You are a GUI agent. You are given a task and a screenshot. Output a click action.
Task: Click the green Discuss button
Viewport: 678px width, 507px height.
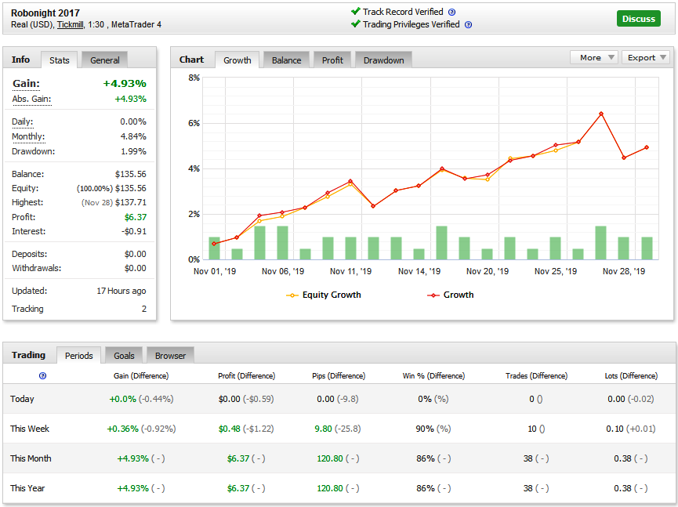(x=638, y=19)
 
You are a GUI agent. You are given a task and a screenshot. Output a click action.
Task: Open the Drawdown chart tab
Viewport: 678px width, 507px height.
(x=383, y=60)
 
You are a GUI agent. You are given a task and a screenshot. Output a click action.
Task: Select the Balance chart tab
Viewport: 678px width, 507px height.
(x=286, y=60)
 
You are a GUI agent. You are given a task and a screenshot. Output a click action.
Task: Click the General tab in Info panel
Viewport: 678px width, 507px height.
(x=105, y=60)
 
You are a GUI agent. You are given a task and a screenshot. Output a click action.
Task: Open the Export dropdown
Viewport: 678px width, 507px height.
(x=646, y=57)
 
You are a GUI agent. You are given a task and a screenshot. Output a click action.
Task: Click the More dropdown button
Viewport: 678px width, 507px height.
(x=593, y=57)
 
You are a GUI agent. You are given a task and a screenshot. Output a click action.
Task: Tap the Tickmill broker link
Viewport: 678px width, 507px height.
(x=70, y=24)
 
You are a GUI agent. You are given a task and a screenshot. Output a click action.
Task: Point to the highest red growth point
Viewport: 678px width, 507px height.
(x=601, y=114)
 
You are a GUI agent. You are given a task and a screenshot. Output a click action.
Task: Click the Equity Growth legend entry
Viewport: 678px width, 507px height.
(x=324, y=295)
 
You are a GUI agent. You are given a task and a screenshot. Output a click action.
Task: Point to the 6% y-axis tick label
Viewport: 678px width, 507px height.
(x=194, y=123)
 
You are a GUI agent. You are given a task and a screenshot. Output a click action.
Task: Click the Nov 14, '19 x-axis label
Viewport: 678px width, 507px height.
(x=419, y=271)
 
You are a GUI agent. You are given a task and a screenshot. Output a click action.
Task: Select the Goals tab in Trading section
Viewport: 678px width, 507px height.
(x=124, y=355)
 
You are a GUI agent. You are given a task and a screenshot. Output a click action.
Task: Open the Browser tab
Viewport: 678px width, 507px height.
(x=170, y=355)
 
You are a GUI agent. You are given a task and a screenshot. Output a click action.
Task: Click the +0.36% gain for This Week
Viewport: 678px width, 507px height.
(x=123, y=429)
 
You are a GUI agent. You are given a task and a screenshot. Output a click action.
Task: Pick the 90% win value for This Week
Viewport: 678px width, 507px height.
(x=424, y=429)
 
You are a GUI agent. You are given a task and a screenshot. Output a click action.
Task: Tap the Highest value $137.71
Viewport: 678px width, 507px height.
(x=131, y=202)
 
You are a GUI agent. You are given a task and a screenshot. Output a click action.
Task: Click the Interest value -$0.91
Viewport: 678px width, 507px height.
(x=134, y=231)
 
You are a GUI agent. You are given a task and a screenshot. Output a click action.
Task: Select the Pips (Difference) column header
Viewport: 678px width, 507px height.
(x=339, y=375)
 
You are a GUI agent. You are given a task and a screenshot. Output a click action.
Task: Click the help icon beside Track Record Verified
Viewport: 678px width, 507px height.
(x=451, y=12)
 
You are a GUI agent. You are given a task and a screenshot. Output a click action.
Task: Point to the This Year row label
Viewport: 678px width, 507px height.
(x=27, y=488)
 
